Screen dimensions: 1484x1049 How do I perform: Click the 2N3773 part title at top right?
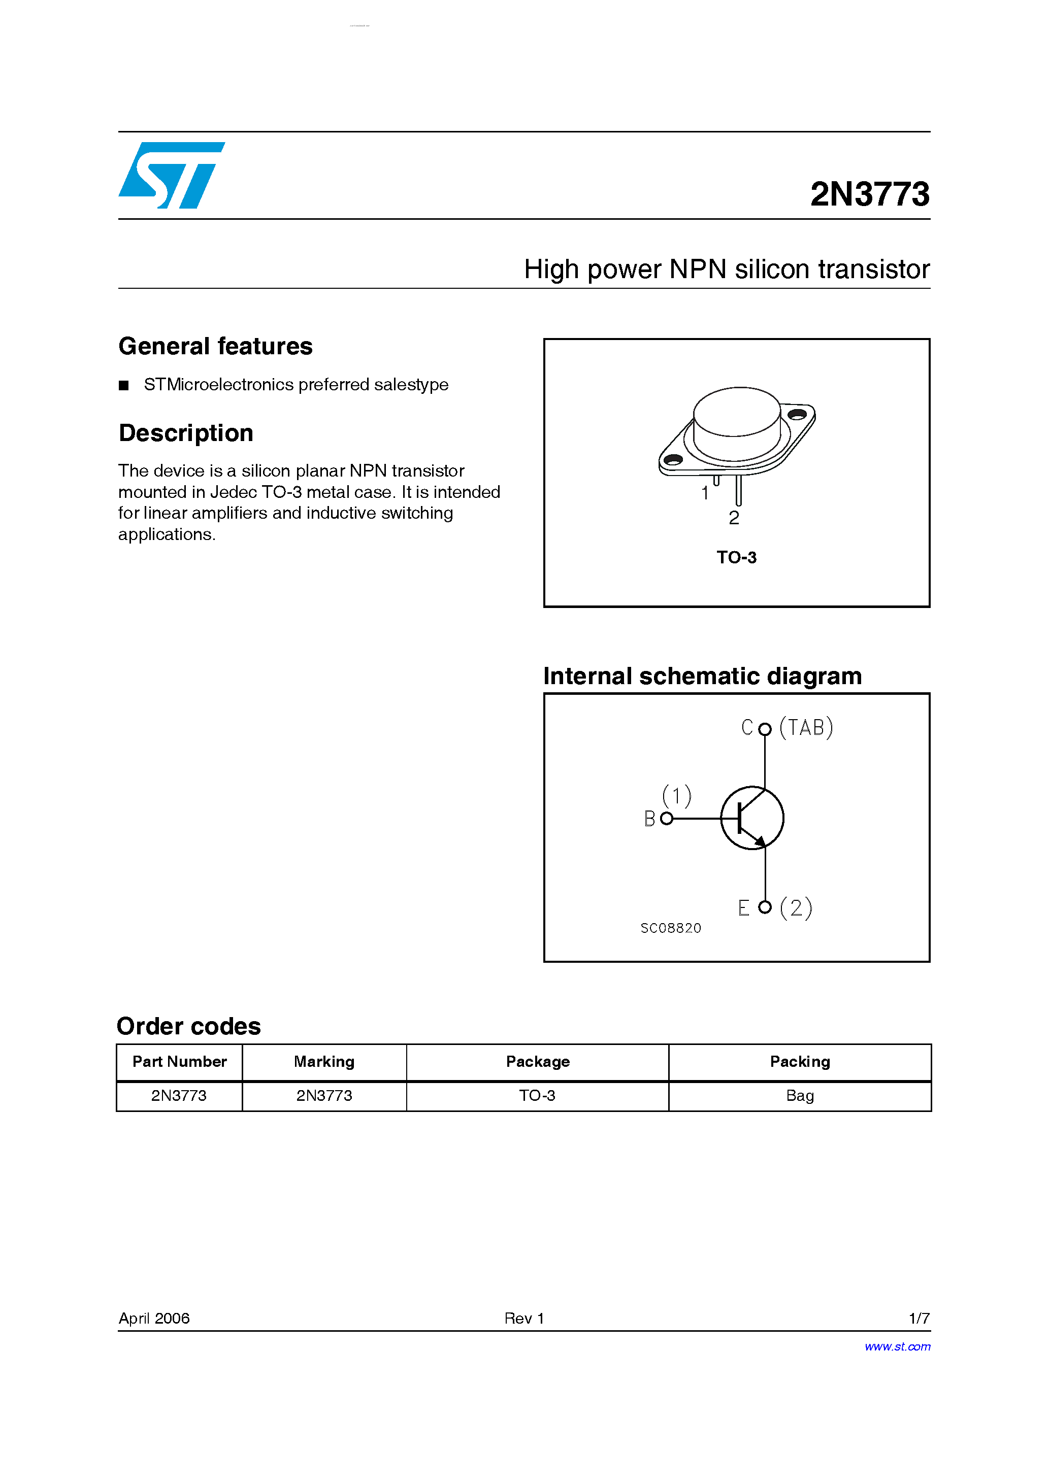[x=869, y=194]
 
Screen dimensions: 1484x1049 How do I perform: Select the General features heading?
[x=215, y=347]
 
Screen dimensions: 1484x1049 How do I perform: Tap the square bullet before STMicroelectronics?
[x=123, y=386]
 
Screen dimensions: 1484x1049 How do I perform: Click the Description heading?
[x=186, y=433]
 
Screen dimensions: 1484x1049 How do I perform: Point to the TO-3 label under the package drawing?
[x=736, y=557]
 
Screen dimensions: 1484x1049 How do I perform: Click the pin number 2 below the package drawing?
[x=733, y=518]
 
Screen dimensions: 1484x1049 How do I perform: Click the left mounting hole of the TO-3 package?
[x=673, y=459]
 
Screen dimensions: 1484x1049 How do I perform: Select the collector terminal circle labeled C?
[x=765, y=729]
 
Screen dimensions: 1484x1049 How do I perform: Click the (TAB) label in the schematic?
[x=806, y=728]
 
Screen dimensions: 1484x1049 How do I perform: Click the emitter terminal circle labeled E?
[x=765, y=907]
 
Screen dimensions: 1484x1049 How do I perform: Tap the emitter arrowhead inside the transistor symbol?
[x=761, y=841]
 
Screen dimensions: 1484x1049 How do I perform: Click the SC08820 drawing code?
[x=671, y=928]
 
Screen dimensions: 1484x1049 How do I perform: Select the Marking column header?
[x=324, y=1062]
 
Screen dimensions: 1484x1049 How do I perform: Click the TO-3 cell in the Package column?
[x=537, y=1096]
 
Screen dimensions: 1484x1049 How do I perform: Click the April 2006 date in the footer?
[x=154, y=1319]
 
